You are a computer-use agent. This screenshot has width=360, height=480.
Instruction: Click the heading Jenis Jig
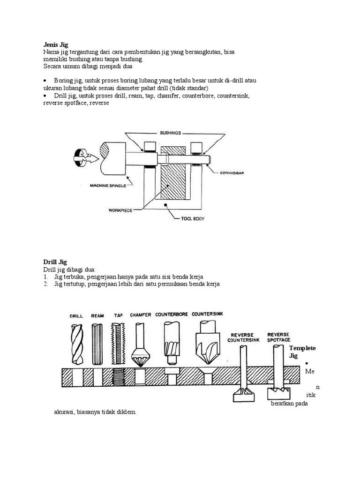click(55, 45)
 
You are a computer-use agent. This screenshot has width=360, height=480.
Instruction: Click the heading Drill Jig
click(55, 262)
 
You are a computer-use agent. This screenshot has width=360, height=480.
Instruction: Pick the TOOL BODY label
click(193, 218)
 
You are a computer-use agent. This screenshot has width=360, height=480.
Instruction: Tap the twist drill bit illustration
click(76, 344)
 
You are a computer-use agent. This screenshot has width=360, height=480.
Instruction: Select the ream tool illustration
click(97, 344)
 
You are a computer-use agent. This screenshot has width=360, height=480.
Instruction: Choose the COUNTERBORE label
click(171, 315)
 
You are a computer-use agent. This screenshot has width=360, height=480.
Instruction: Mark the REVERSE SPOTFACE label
click(278, 337)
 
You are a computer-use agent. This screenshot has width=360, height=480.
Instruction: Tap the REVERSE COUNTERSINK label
click(242, 337)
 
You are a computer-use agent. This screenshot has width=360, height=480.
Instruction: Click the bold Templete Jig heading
click(302, 352)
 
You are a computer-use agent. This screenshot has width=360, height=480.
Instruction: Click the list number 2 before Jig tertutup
click(46, 284)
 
